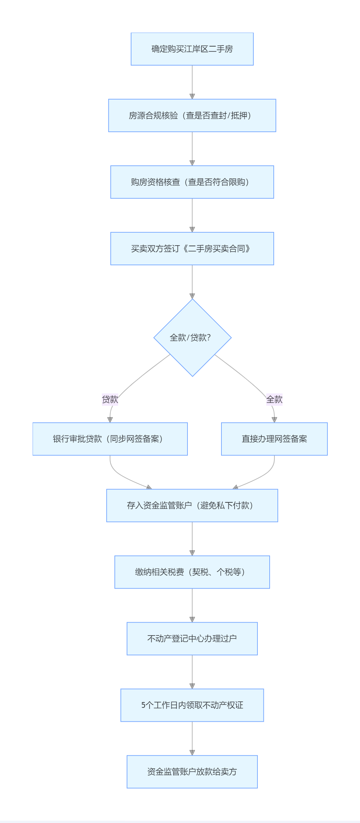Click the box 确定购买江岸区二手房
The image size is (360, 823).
pos(192,49)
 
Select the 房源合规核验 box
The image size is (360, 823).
pos(192,115)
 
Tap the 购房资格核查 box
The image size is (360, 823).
pos(192,182)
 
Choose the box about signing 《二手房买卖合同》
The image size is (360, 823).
pos(192,249)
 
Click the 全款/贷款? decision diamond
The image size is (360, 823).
pos(192,338)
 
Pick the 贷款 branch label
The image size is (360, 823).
pos(110,399)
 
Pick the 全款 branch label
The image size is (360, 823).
pos(274,399)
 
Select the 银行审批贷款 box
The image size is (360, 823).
pos(110,439)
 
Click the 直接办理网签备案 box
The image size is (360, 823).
pos(274,439)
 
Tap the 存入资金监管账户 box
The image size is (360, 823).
pos(192,505)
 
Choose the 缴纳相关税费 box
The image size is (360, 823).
pos(192,572)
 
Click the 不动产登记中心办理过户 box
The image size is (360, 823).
pos(192,639)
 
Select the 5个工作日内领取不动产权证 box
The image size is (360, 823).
pos(192,705)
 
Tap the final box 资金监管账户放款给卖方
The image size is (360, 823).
pos(192,772)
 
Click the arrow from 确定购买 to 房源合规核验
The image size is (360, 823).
pos(192,82)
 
